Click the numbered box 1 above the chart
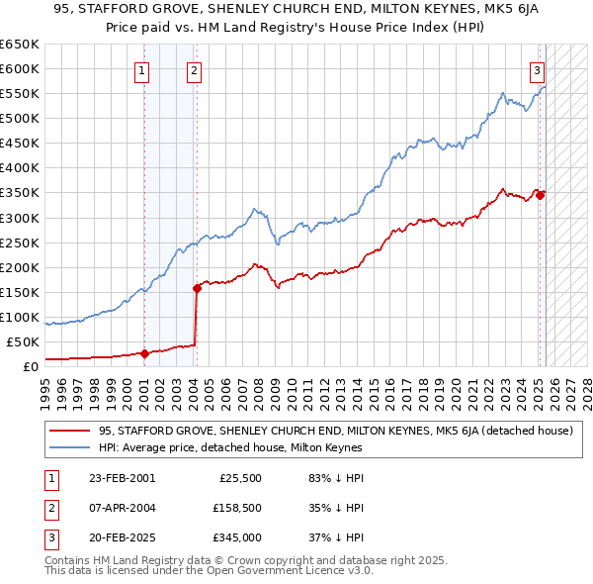pos(143,70)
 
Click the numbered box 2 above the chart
pos(194,70)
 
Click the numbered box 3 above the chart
pos(537,70)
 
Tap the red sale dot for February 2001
pos(144,353)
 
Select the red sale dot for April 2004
pos(197,288)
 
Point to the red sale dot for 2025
pos(541,195)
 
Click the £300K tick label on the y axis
pos(20,218)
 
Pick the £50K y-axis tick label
pos(24,341)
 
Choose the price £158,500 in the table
pos(236,509)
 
